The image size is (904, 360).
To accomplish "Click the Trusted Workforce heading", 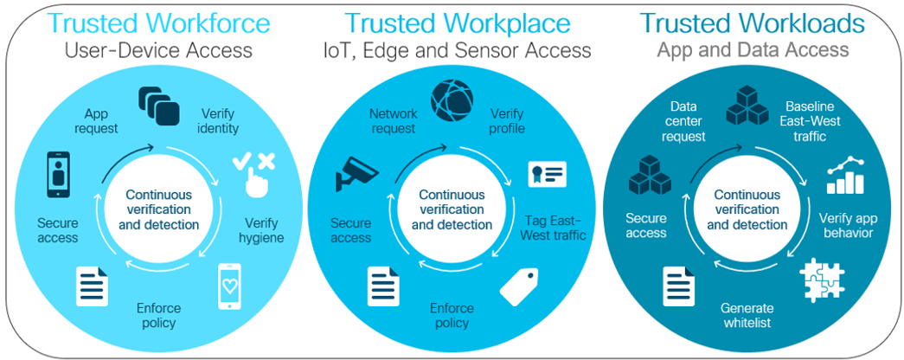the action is (x=158, y=23).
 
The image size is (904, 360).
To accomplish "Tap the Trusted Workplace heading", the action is (x=457, y=23).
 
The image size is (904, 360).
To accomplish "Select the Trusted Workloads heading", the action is (x=753, y=23).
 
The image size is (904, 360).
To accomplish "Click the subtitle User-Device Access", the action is (x=159, y=50).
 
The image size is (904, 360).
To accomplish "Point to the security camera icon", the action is (x=357, y=172).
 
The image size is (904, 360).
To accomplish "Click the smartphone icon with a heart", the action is (x=229, y=286).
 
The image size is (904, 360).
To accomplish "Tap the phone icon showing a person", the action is (x=58, y=175).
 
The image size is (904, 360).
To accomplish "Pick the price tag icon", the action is (x=519, y=286).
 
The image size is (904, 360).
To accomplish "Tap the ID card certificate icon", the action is (x=548, y=174).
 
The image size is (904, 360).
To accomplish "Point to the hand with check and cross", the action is (x=254, y=174).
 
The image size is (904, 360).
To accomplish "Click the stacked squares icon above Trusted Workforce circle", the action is (x=158, y=104).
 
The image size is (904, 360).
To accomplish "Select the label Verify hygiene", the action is (x=261, y=229).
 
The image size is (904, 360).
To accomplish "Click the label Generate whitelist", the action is (x=747, y=315).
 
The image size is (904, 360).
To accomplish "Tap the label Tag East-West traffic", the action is (x=555, y=228).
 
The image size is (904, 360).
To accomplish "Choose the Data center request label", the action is (x=683, y=122).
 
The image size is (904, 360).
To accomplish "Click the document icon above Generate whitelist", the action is (x=679, y=286).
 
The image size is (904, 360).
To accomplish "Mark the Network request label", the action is (x=393, y=120).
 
